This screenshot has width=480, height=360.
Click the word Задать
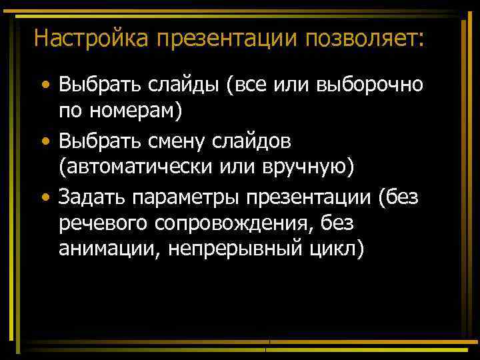(92, 197)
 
